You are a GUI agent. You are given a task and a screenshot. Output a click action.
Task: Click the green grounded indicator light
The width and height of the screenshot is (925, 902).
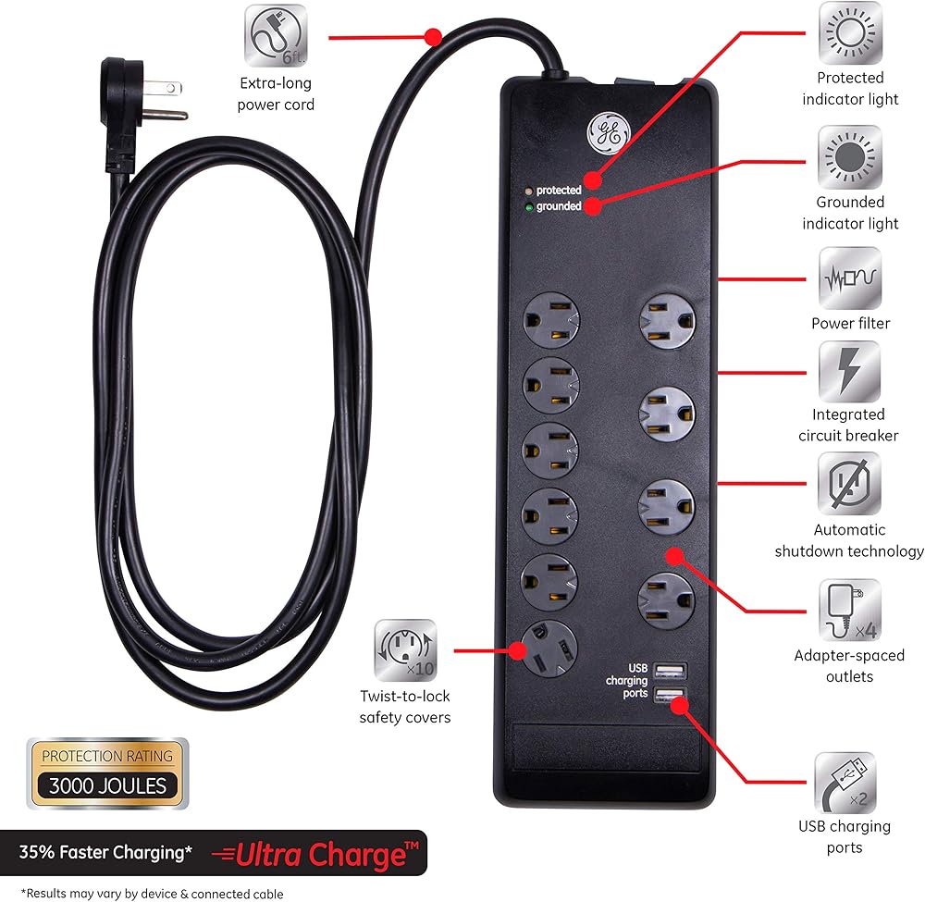point(527,207)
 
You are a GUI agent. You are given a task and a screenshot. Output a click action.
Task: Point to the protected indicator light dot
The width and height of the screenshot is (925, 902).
point(527,191)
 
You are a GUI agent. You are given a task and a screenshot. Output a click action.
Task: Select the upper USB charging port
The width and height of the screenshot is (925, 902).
point(667,670)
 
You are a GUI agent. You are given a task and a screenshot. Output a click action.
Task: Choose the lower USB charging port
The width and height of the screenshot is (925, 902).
point(667,696)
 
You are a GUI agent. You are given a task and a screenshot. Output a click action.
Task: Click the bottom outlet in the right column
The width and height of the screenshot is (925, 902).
point(666,600)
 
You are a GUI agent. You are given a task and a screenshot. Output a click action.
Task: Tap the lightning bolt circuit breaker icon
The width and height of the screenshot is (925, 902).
point(849,371)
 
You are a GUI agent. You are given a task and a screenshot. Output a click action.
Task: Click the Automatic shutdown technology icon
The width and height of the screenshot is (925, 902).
point(849,484)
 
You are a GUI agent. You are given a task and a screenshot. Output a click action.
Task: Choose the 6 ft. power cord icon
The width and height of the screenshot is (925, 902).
point(276,36)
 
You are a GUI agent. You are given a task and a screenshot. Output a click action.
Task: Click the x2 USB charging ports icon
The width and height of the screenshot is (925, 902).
point(845,783)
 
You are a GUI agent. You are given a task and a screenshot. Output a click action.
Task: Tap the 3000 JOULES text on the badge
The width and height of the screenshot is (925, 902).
point(107,786)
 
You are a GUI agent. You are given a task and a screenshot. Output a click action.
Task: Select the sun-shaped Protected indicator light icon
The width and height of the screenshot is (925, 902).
point(849,34)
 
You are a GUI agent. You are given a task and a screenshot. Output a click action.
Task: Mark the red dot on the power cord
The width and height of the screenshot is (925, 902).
point(433,37)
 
